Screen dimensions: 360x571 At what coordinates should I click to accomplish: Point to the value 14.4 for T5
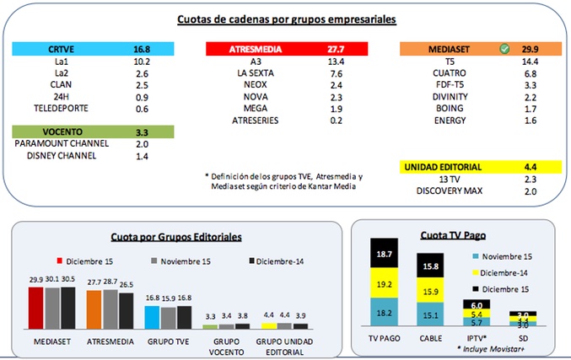point(530,62)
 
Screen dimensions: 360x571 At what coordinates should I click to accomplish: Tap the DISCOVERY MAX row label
point(446,191)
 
